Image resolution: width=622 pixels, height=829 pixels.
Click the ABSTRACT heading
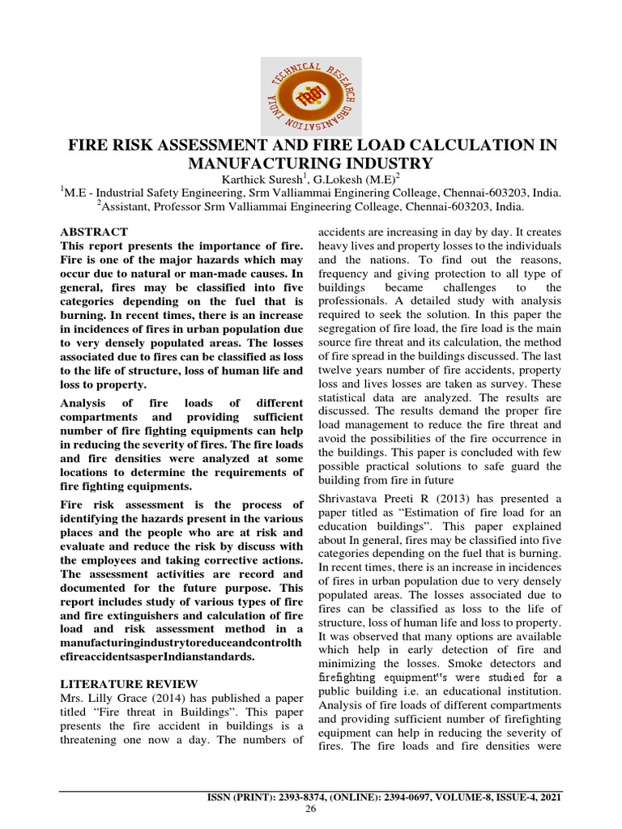point(94,232)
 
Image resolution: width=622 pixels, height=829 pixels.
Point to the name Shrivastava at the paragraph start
point(354,497)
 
